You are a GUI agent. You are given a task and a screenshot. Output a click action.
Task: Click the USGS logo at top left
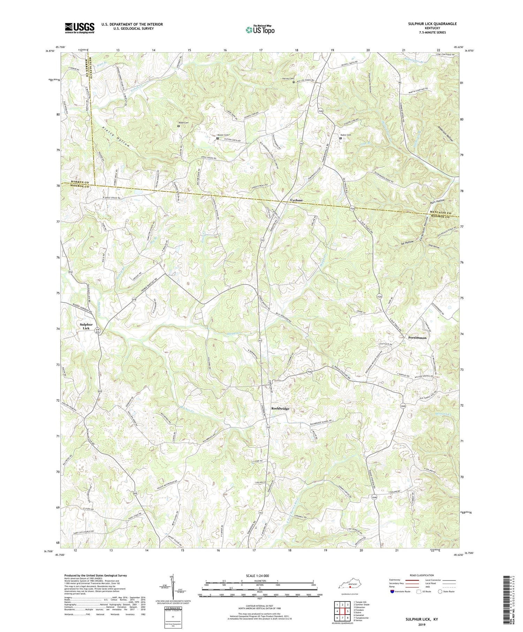coord(79,28)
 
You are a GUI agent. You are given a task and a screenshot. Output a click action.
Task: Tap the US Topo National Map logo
coord(259,30)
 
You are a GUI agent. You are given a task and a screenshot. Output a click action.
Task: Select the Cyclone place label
coord(296,200)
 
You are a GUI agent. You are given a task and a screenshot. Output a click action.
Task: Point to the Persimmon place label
coord(417,337)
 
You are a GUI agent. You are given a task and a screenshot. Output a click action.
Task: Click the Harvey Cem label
coord(288,79)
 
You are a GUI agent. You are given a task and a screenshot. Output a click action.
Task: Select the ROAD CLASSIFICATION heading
coord(422,575)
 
